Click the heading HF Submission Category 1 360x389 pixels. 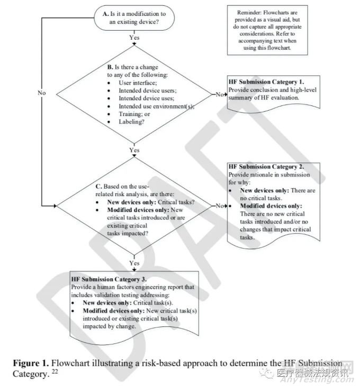(x=266, y=82)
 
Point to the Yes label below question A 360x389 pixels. (x=134, y=38)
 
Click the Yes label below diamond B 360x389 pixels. (x=134, y=151)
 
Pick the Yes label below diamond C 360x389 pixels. (x=134, y=262)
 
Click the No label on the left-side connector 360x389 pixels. (x=42, y=92)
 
